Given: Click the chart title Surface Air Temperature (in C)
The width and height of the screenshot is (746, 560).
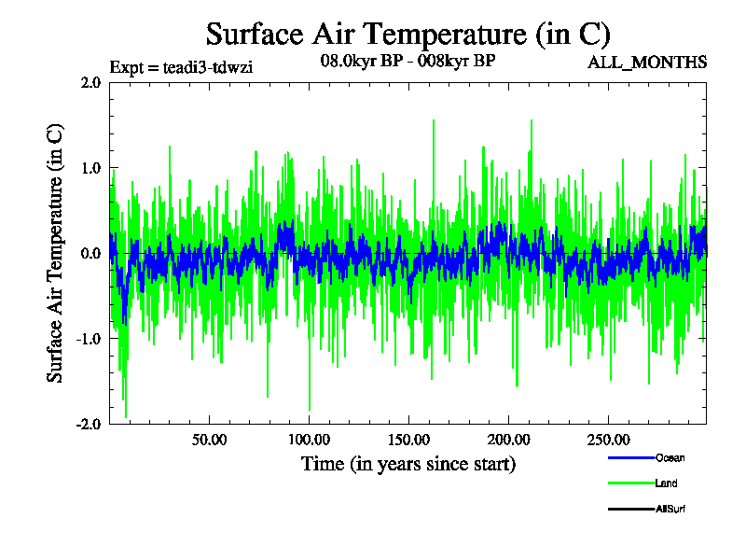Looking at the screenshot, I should click(x=408, y=35).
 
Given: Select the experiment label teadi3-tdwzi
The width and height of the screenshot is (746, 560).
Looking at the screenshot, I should click(x=182, y=67).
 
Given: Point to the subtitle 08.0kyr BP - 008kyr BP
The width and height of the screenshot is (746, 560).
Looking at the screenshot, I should click(x=408, y=63).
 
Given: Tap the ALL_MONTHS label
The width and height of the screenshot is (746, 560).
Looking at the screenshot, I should click(x=646, y=63).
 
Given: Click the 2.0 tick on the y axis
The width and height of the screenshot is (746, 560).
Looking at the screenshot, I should click(x=90, y=82).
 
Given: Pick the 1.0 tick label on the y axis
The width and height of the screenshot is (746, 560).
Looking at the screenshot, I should click(x=90, y=168).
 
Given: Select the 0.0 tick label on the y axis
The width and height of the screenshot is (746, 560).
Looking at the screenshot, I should click(x=90, y=253).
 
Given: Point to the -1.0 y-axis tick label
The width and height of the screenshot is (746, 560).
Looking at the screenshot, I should click(x=89, y=339).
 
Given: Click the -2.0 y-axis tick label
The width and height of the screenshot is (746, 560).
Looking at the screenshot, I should click(x=89, y=424).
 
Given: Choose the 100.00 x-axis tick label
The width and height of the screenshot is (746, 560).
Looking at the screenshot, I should click(x=309, y=440).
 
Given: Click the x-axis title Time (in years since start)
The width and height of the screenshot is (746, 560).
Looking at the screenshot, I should click(x=408, y=464).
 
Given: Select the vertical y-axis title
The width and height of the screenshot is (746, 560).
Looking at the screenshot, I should click(x=56, y=253).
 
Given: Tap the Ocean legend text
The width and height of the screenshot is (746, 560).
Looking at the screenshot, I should click(x=670, y=457).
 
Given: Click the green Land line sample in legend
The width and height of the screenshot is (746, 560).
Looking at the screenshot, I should click(x=630, y=483).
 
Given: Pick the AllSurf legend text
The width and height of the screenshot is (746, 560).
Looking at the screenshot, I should click(x=672, y=509).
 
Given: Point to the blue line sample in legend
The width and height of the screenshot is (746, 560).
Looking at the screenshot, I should click(x=630, y=457).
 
